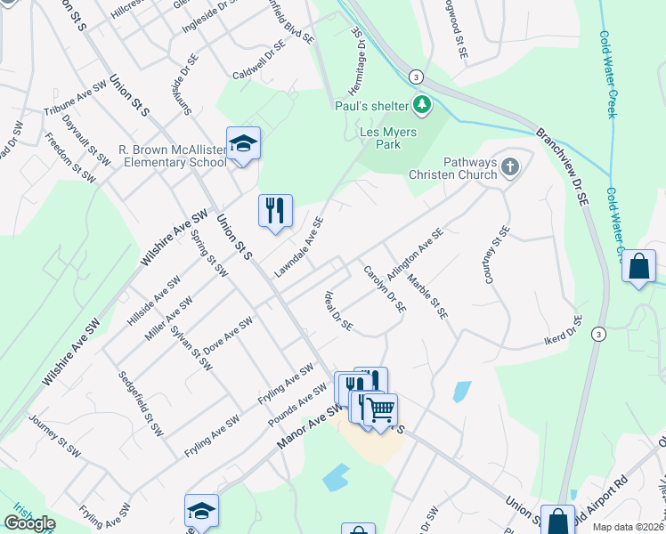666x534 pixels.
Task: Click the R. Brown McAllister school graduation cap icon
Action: (x=243, y=142)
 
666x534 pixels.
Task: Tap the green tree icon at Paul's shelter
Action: (x=422, y=106)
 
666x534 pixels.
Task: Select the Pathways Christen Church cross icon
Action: (x=509, y=166)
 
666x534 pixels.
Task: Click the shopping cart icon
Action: (x=380, y=409)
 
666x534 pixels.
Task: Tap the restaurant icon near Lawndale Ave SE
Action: (x=275, y=210)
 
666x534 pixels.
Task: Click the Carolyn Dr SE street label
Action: (x=385, y=290)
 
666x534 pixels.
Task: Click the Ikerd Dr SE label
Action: (x=563, y=332)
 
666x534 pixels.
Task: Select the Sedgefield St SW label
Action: (x=141, y=403)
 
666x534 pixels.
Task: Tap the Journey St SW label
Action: (x=54, y=437)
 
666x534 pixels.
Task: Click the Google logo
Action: (x=29, y=523)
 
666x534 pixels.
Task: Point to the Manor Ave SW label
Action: (x=309, y=425)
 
